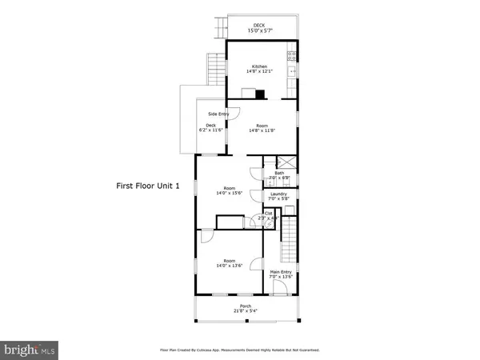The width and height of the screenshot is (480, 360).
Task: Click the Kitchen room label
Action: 259,66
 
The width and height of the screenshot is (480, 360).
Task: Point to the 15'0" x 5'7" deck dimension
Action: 259,31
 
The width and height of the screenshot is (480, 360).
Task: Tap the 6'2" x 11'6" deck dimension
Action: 208,130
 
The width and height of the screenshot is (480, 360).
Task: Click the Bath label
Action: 279,173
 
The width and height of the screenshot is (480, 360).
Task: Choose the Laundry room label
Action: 279,194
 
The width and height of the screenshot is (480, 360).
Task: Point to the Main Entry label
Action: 280,273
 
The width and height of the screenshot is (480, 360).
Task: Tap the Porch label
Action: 246,306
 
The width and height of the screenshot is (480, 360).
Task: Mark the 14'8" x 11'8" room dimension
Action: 262,130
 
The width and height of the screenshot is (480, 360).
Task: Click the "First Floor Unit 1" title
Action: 149,186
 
